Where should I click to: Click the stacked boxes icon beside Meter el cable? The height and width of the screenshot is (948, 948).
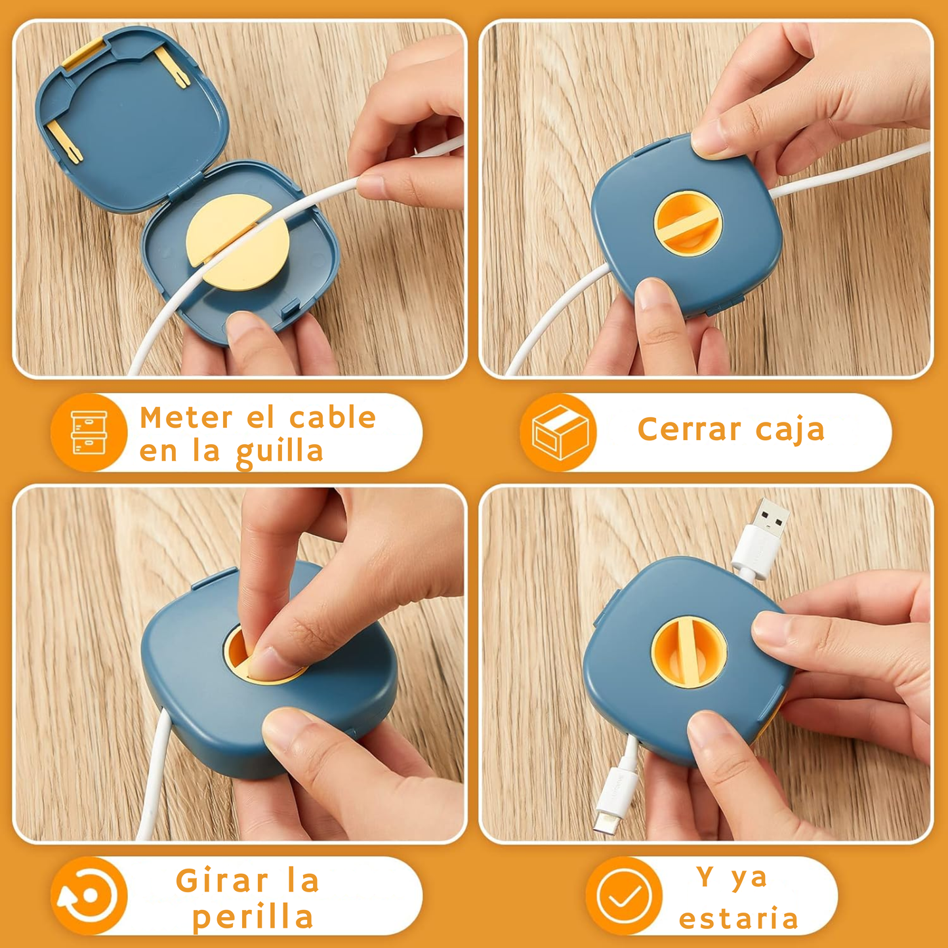point(89,432)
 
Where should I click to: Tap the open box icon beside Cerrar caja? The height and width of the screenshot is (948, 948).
point(559,432)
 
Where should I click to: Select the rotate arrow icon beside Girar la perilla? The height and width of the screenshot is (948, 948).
point(89,896)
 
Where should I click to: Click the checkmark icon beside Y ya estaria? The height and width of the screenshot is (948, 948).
point(624,896)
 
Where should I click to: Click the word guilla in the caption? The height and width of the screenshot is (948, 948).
point(279,453)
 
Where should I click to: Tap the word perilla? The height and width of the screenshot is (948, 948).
point(253,917)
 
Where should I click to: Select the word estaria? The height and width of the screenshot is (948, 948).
point(738,918)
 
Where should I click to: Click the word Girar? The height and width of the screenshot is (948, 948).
point(222,880)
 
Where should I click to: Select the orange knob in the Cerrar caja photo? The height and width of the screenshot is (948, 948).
point(688,224)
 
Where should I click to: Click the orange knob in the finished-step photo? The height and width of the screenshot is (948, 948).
point(689,652)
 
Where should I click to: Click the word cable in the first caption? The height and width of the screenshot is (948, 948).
point(333,417)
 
